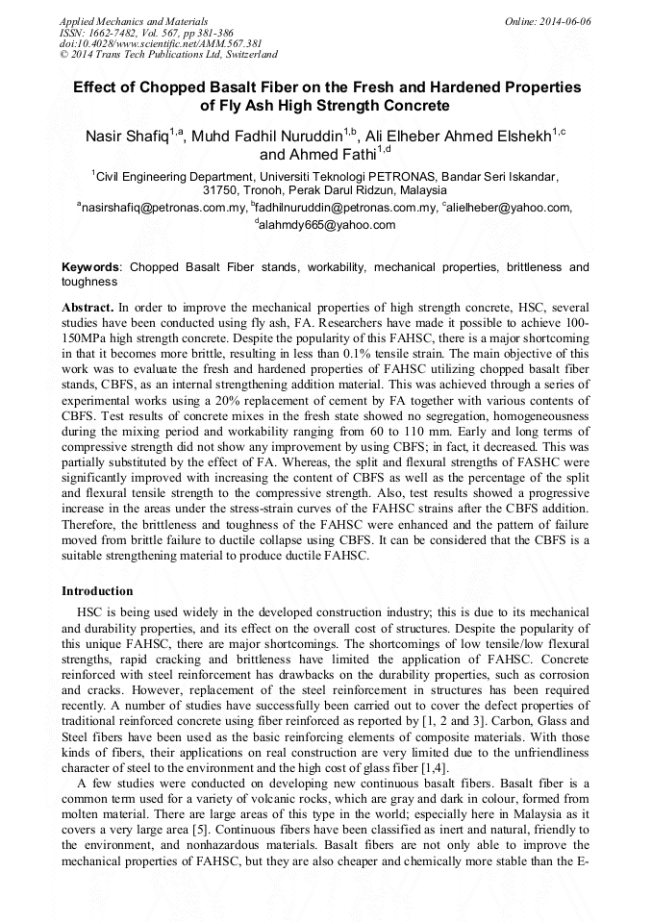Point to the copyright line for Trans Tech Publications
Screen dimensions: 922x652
[169, 56]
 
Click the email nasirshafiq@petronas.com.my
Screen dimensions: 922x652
[164, 207]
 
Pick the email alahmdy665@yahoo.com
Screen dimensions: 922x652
[327, 225]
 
